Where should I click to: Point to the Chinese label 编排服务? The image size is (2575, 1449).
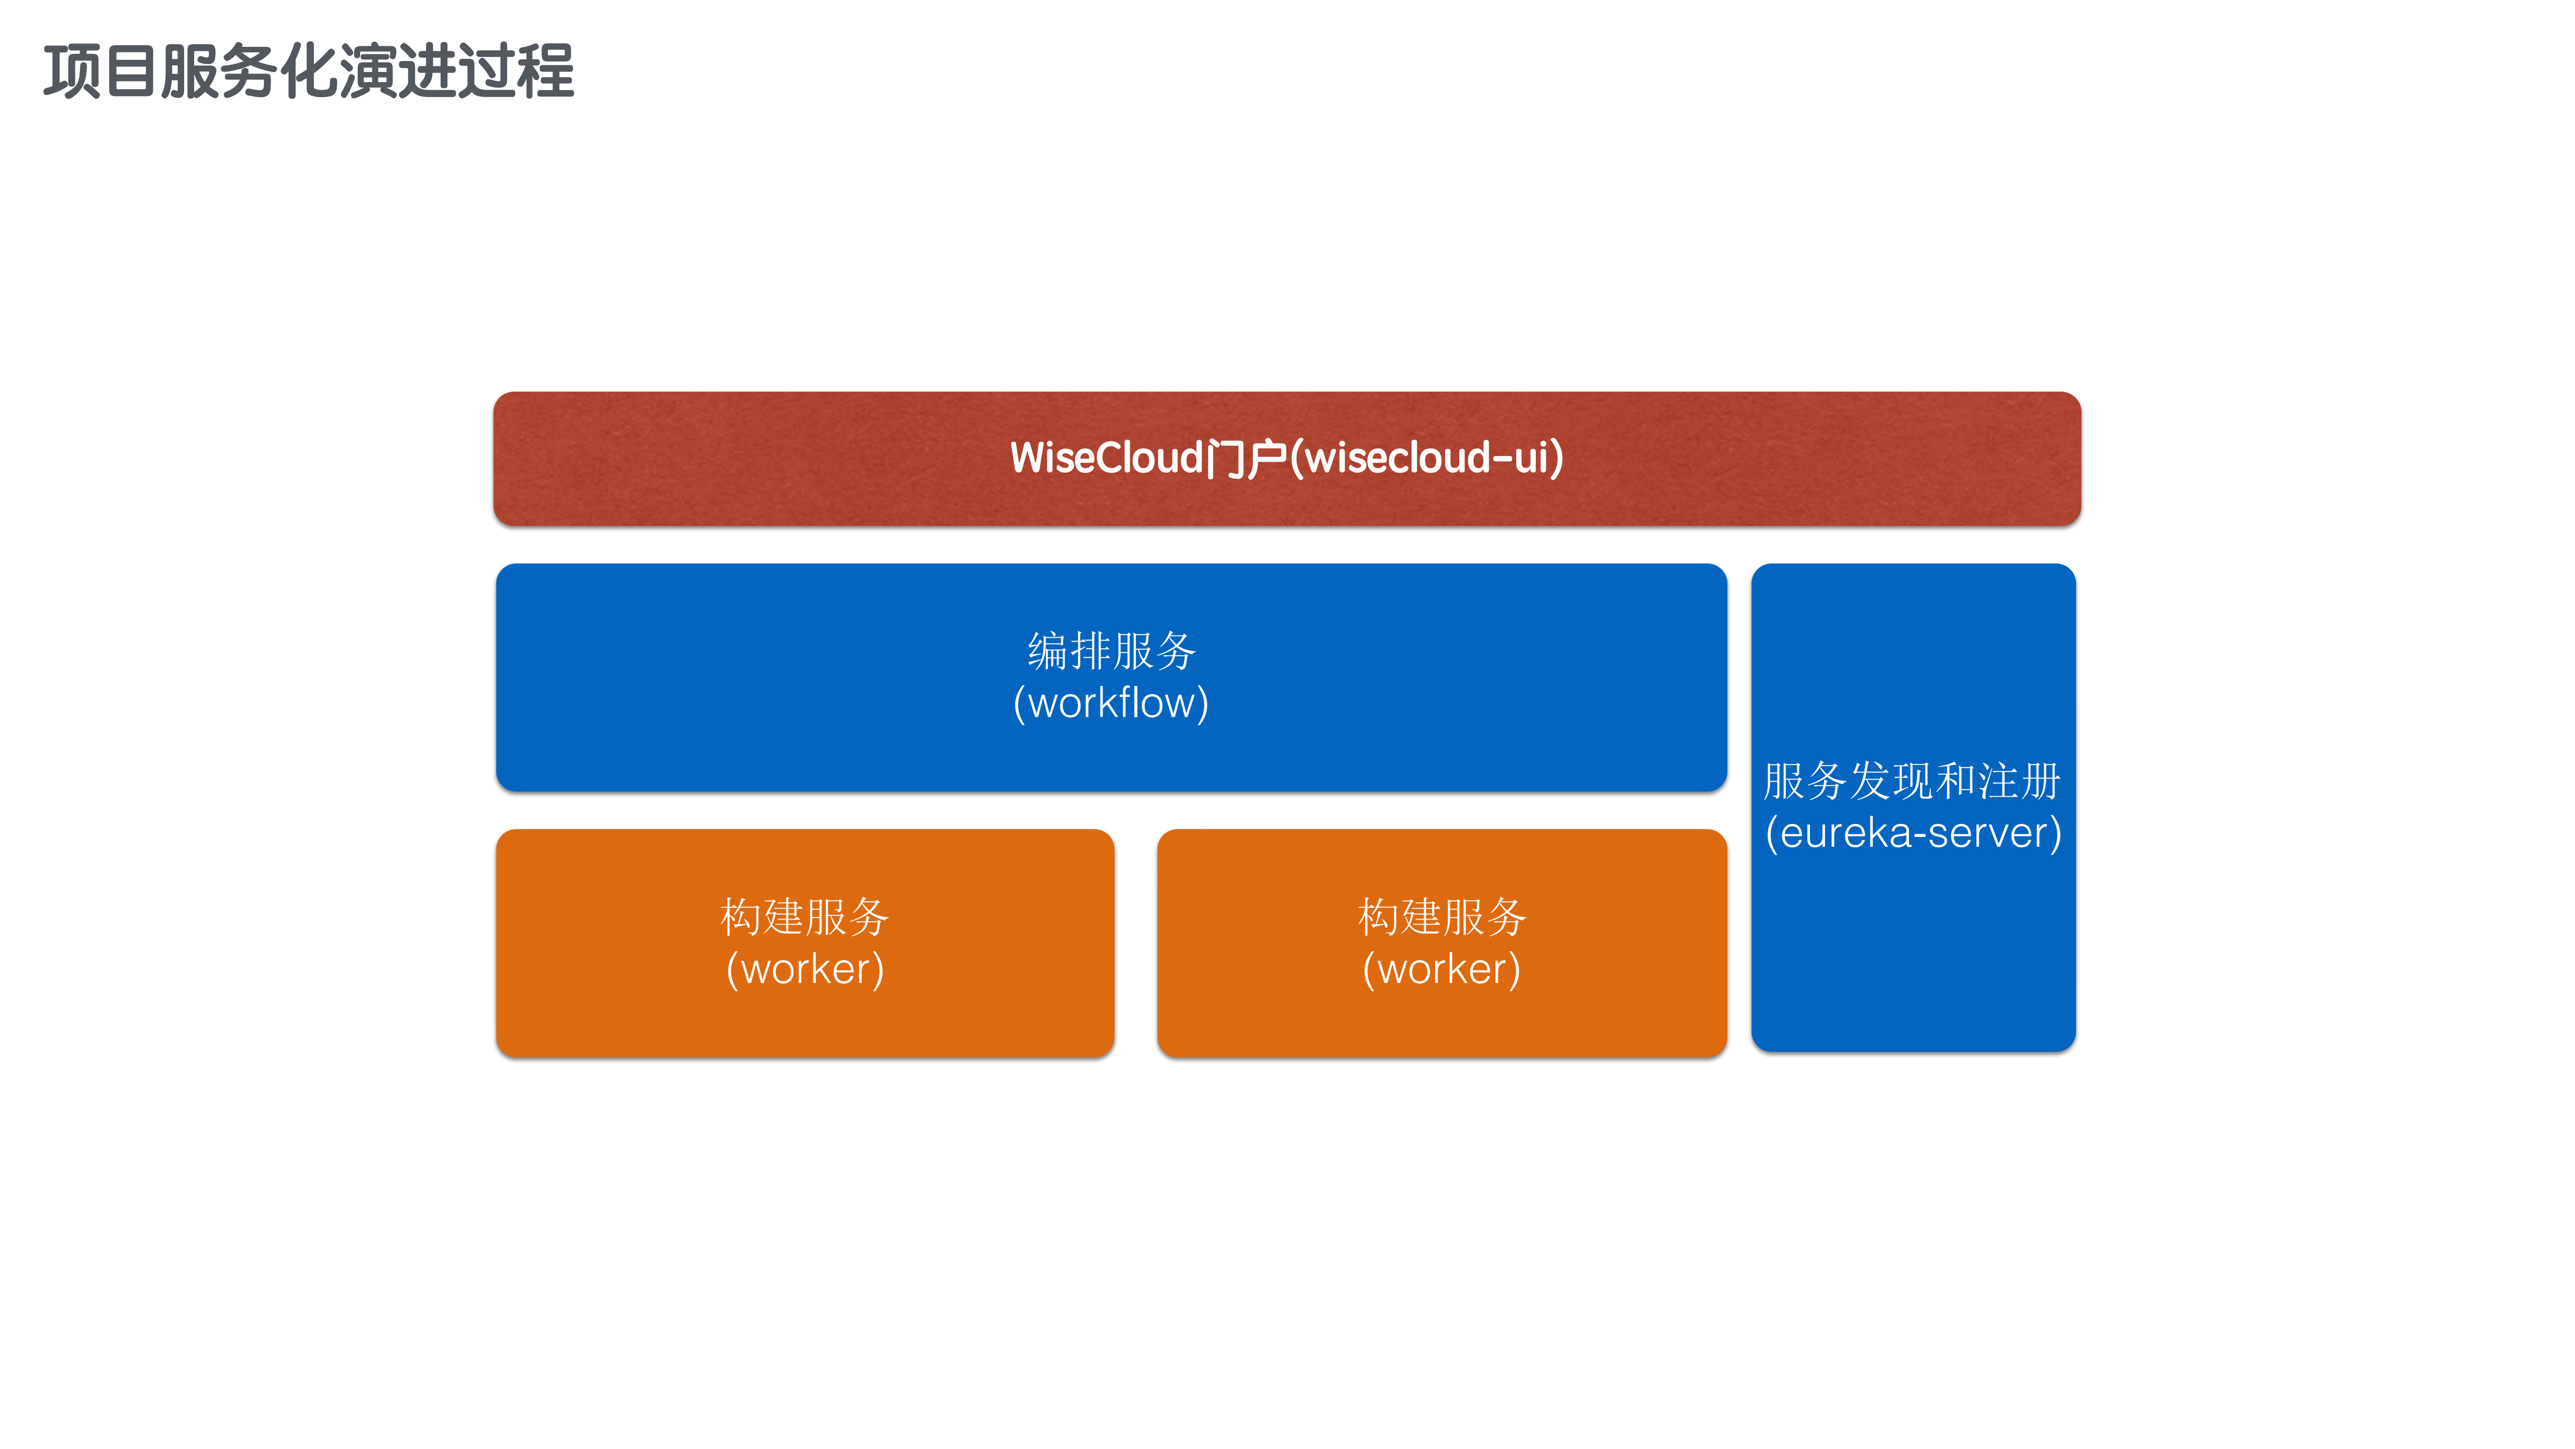pyautogui.click(x=1112, y=651)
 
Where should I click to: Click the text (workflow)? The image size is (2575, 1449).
pyautogui.click(x=1112, y=703)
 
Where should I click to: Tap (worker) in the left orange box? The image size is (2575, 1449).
pyautogui.click(x=805, y=969)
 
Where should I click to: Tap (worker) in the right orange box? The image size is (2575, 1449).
pyautogui.click(x=1442, y=969)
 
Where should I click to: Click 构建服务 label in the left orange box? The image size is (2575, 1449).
pyautogui.click(x=805, y=917)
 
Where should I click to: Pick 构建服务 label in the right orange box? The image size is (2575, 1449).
pyautogui.click(x=1442, y=917)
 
